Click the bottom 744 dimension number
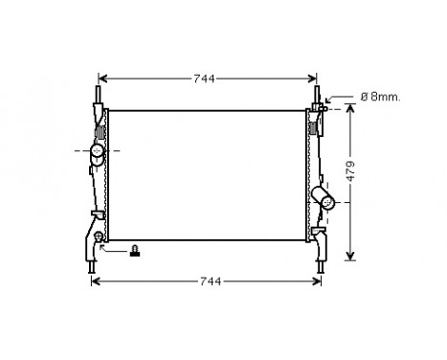pyautogui.click(x=211, y=281)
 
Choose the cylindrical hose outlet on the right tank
pyautogui.click(x=325, y=197)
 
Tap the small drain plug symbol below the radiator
pyautogui.click(x=135, y=251)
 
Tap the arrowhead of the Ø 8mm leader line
pyautogui.click(x=329, y=100)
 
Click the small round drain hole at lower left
pyautogui.click(x=100, y=235)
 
